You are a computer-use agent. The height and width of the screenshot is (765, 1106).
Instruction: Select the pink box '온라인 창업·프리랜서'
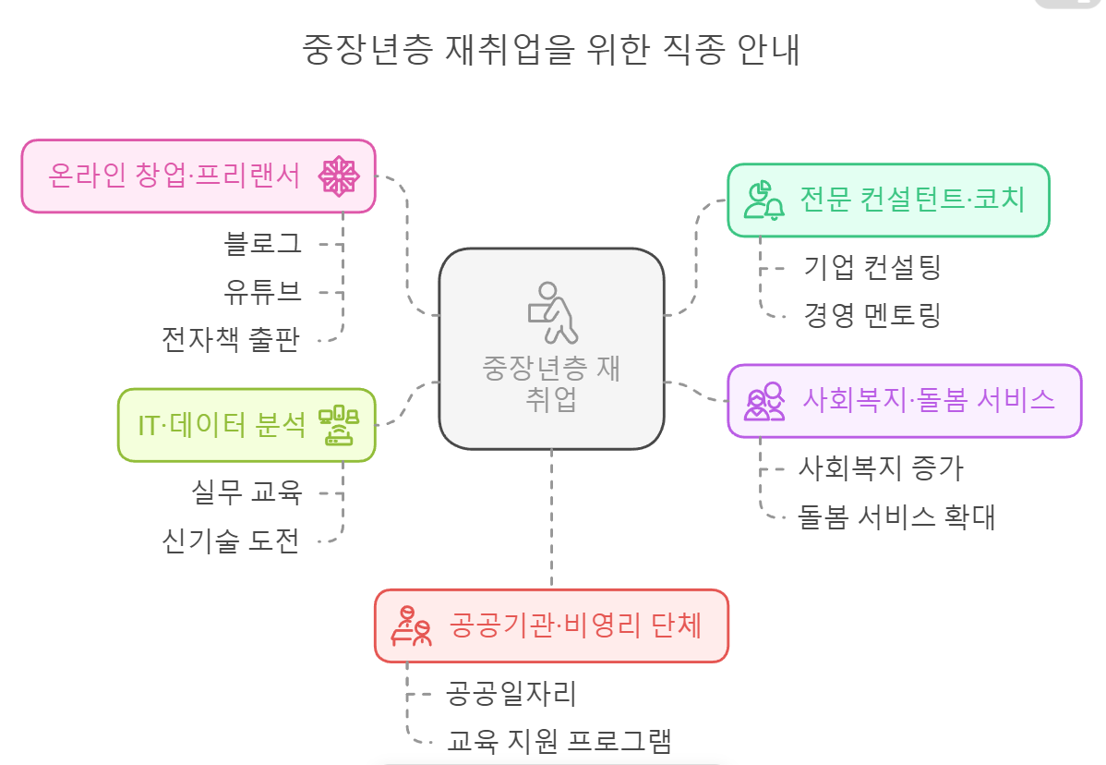175,176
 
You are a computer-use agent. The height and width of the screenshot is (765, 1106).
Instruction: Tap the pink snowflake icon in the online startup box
338,176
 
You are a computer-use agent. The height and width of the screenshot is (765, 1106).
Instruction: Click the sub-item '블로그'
263,244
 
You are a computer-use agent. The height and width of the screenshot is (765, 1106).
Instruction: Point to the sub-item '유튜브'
263,292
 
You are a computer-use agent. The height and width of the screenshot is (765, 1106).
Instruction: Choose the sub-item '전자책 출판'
231,340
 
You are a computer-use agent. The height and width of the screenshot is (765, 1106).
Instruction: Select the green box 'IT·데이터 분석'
222,425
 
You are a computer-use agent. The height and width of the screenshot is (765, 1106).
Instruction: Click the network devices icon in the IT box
338,425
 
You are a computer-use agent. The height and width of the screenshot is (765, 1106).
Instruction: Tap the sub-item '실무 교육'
246,492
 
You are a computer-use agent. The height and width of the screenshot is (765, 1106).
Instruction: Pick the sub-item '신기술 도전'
231,540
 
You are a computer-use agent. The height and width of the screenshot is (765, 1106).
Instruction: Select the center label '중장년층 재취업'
551,383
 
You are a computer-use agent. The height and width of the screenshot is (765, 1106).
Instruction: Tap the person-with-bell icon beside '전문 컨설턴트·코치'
764,200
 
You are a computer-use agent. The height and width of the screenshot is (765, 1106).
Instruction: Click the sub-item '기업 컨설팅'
872,268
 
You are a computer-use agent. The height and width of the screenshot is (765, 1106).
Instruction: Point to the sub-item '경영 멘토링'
872,315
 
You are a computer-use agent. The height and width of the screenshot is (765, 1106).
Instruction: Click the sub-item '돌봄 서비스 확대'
896,516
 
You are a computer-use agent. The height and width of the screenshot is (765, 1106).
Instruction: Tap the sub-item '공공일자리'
511,692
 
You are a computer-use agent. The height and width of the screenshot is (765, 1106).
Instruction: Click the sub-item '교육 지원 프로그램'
559,740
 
